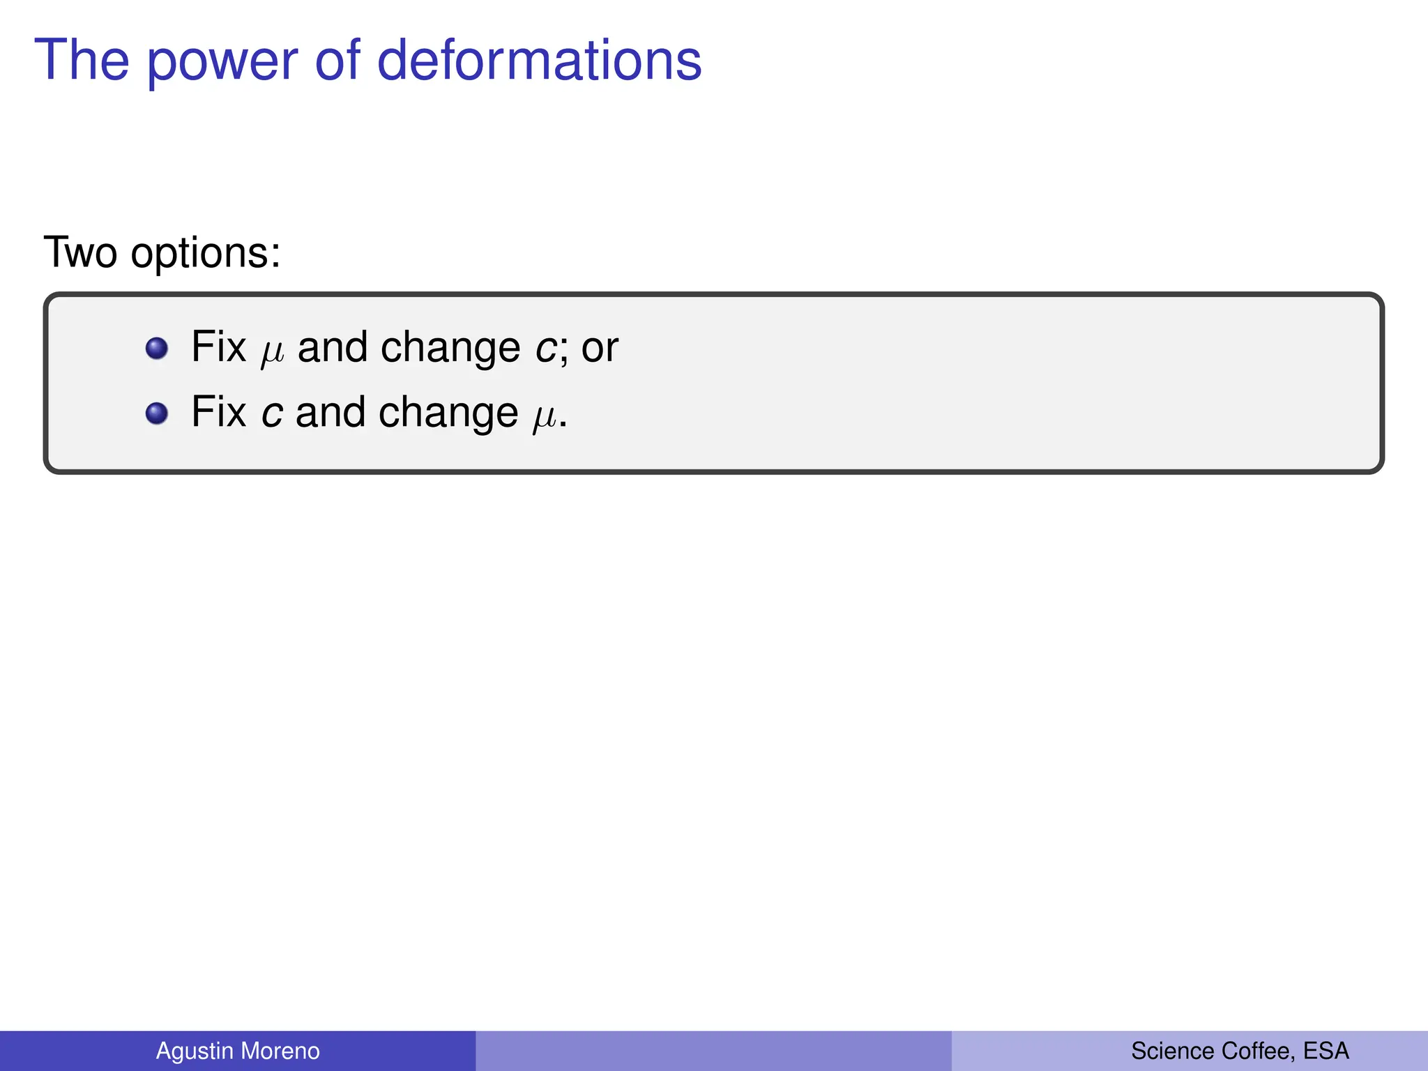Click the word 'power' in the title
pos(222,61)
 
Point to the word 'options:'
pos(206,253)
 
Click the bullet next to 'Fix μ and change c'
pos(157,348)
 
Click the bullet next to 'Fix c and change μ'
pos(157,413)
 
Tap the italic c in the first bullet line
pos(546,348)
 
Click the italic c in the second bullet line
pos(271,413)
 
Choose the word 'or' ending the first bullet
pos(600,348)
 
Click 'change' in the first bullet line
pos(450,348)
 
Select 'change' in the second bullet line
pos(448,413)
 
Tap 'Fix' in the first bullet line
pos(218,347)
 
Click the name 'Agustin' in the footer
pos(193,1051)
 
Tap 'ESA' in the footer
pos(1326,1051)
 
